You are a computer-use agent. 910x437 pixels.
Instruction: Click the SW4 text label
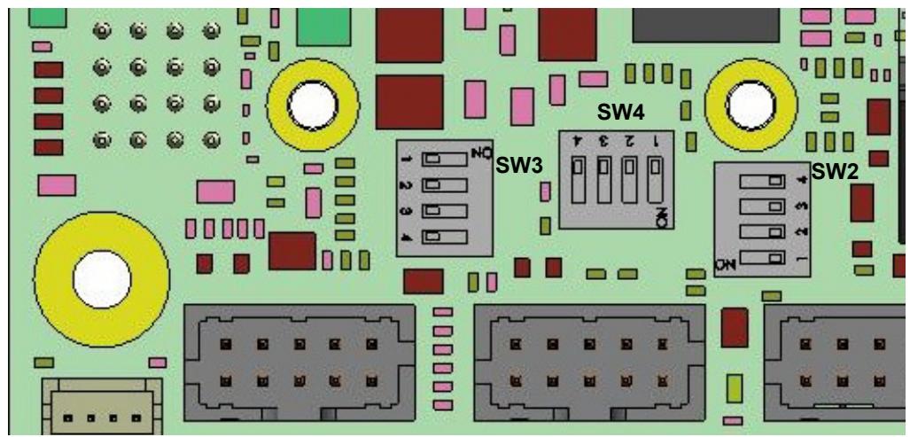tap(621, 113)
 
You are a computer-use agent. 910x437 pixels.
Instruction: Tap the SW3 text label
tap(519, 166)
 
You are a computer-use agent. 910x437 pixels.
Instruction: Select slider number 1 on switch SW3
tap(445, 159)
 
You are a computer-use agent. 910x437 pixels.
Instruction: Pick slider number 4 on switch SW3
tap(445, 237)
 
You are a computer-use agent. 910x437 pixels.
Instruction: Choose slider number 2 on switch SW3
tap(445, 185)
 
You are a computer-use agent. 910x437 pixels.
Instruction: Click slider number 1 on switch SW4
tap(655, 179)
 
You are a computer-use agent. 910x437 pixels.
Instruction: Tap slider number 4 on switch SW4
tap(578, 179)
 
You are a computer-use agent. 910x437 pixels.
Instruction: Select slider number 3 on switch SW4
tap(603, 179)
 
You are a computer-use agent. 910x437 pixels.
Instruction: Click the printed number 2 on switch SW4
tap(628, 141)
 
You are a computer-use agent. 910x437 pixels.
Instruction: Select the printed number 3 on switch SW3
tap(408, 211)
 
